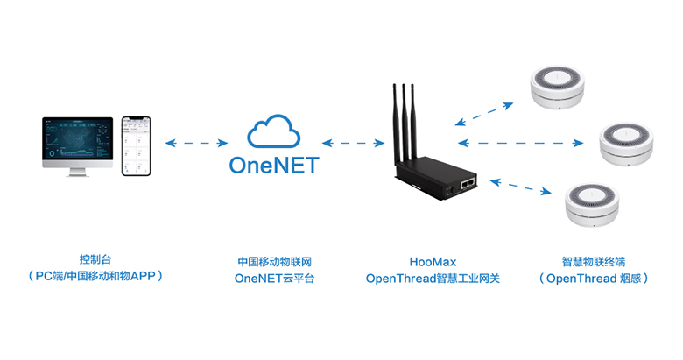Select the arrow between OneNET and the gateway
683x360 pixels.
tap(354, 142)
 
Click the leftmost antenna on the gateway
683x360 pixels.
tap(395, 118)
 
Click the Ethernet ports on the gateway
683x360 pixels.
tap(466, 181)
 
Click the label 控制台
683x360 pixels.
tap(95, 261)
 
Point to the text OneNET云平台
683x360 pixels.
tap(274, 279)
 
